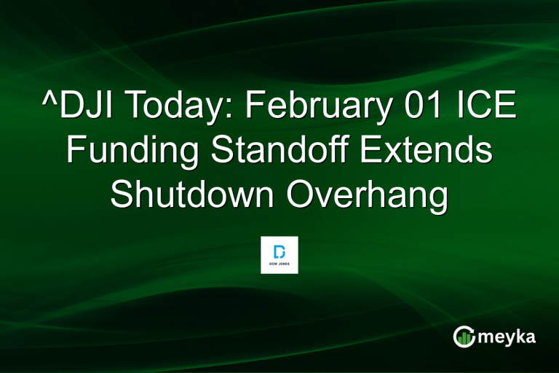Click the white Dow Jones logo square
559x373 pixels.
(x=279, y=255)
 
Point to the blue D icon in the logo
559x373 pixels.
(x=279, y=251)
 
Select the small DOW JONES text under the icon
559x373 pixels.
(x=279, y=265)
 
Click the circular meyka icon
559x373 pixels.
(x=464, y=336)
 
